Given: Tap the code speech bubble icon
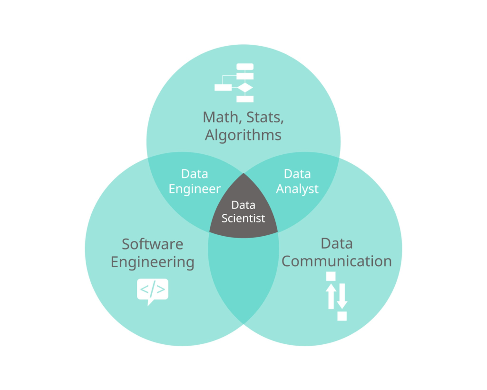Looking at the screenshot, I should (x=153, y=290).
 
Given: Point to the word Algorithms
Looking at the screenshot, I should (x=243, y=135).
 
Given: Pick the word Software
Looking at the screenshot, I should (x=152, y=244).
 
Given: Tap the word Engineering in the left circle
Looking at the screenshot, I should (x=152, y=262).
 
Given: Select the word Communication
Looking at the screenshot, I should (x=337, y=261).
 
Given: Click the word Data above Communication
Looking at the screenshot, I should (x=337, y=243).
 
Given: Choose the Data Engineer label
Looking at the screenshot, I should (x=195, y=181).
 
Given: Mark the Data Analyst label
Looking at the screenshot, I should (x=297, y=181).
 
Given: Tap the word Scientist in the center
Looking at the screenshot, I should (x=243, y=219).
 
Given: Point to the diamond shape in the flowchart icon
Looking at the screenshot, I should (x=245, y=88).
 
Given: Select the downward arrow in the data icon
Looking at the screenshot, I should (x=342, y=296).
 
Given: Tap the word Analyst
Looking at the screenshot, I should (x=297, y=189).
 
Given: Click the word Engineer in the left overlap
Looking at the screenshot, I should (x=195, y=189).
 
